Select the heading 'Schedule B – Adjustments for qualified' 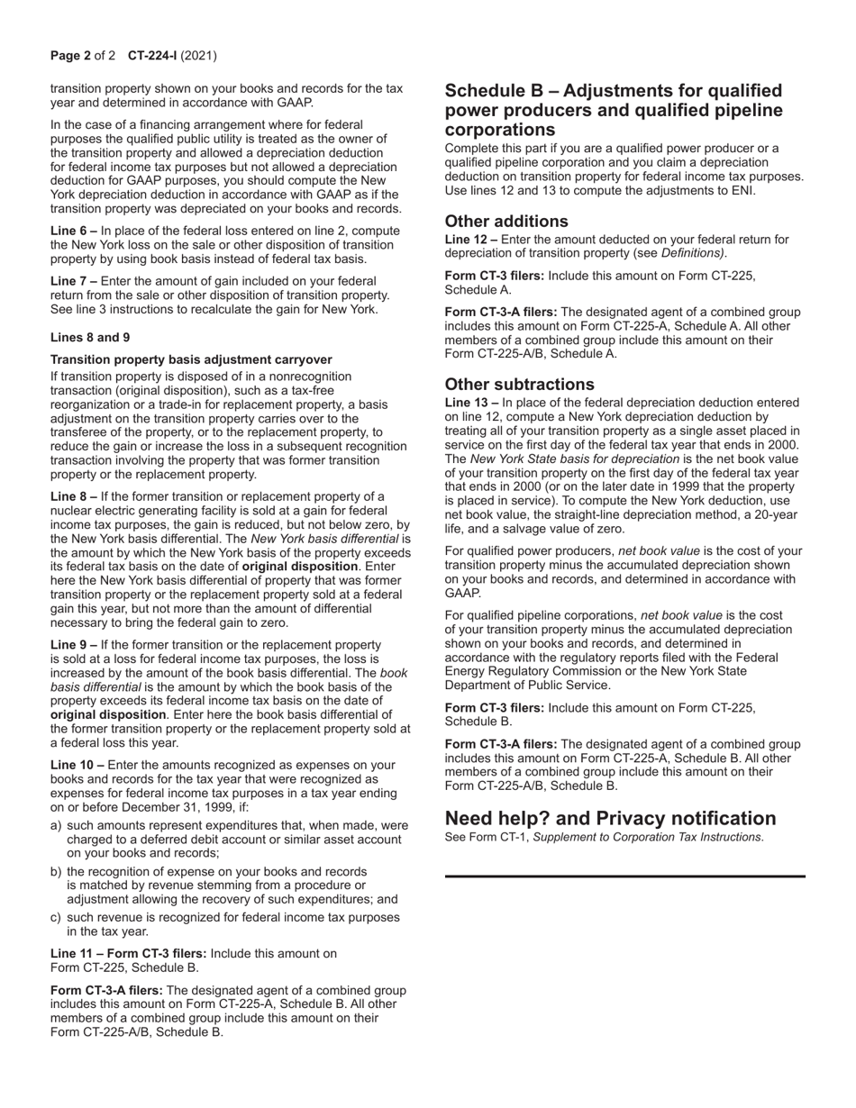tap(614, 91)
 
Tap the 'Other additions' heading tap(506, 222)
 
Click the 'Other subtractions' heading tap(520, 385)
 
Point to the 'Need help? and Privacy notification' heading tap(610, 818)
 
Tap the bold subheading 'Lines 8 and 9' tap(90, 337)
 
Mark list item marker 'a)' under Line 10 tap(56, 825)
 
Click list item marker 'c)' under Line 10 tap(56, 917)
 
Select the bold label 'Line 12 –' tap(471, 240)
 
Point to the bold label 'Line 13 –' tap(471, 403)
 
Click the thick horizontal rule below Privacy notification tap(624, 876)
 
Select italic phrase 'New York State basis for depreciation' tap(575, 459)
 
